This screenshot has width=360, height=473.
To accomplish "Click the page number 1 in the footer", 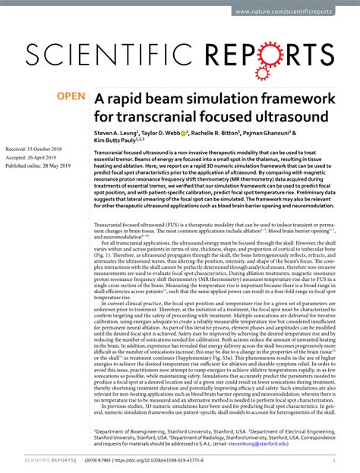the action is (335, 460).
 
